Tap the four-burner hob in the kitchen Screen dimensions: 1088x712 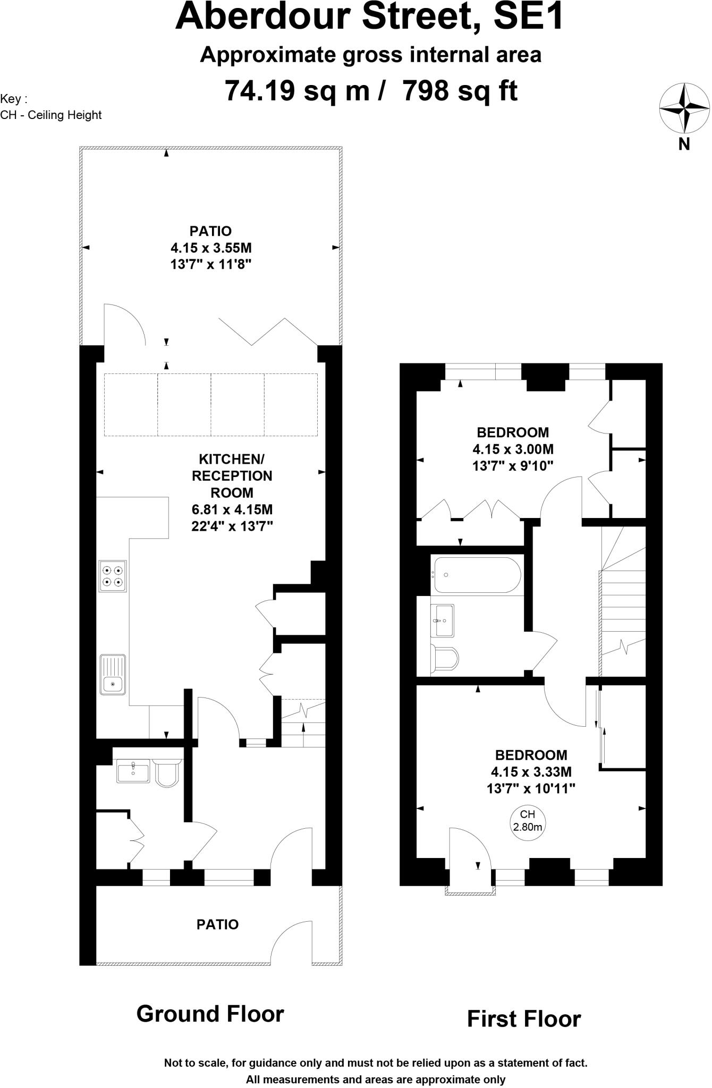[x=113, y=576]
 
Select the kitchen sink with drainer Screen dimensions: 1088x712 [x=113, y=674]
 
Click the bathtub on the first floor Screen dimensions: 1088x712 [x=477, y=575]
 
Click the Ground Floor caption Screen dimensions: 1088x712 [x=210, y=1014]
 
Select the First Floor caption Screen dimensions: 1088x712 [x=523, y=1019]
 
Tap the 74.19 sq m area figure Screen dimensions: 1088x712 [x=296, y=90]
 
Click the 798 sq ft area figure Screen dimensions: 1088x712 [x=460, y=90]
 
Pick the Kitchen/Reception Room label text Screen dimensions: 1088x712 [x=232, y=475]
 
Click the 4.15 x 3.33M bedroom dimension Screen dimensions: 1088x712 [x=531, y=772]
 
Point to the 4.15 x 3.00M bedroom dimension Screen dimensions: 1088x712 [x=513, y=449]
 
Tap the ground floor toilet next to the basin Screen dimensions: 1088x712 [x=168, y=772]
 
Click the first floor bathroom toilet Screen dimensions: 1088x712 [x=445, y=659]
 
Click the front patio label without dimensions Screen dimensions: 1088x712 [x=217, y=925]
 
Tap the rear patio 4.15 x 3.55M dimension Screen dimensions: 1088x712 [x=210, y=248]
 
